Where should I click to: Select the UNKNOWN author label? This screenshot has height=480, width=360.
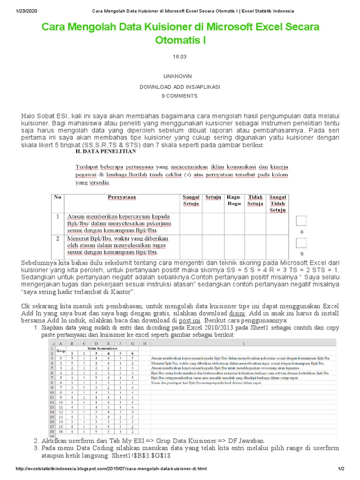[x=180, y=76]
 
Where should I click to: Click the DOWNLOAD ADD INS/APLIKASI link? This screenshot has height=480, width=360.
[x=180, y=87]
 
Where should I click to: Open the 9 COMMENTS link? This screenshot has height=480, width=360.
[x=180, y=96]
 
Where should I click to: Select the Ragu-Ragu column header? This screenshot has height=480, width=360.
[x=234, y=200]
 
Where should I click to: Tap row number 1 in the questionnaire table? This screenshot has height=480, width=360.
[x=57, y=217]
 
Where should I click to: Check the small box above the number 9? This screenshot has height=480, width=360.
[x=302, y=243]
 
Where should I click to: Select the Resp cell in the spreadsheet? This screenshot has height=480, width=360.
[x=61, y=351]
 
